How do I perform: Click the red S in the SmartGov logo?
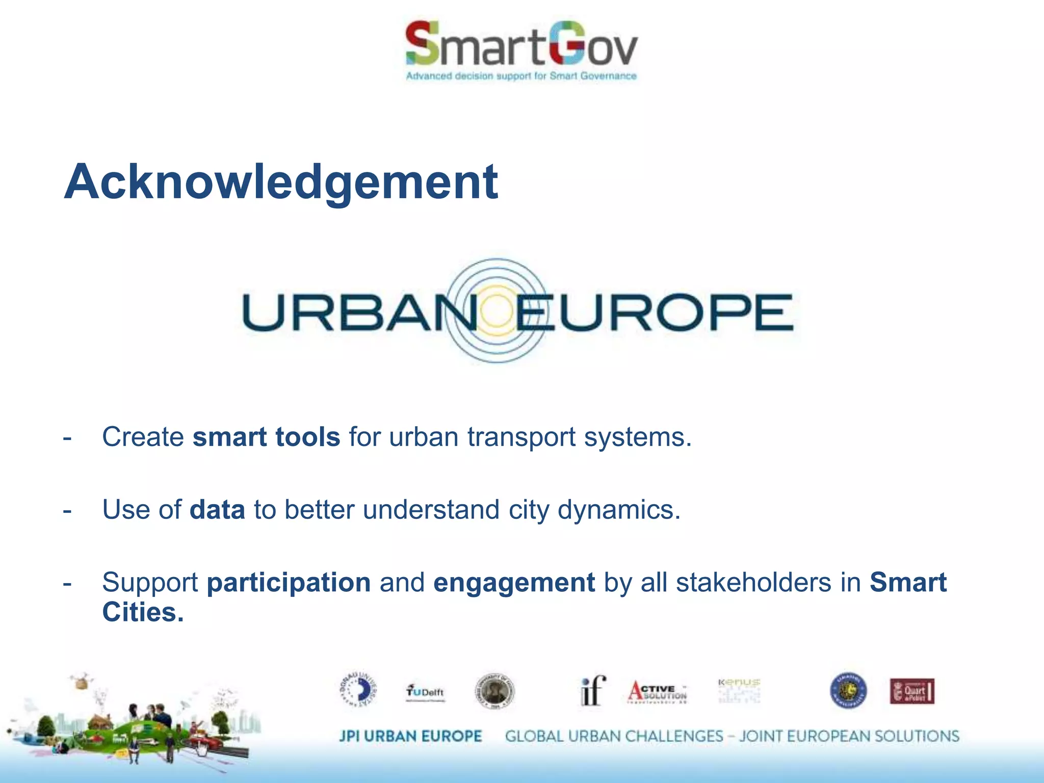click(x=422, y=43)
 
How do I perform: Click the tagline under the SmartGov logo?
click(x=521, y=76)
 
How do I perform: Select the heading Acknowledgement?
click(x=281, y=182)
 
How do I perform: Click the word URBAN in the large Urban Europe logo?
click(x=357, y=312)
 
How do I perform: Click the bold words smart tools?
click(x=266, y=437)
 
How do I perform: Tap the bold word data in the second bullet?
click(x=217, y=510)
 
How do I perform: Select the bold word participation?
click(x=289, y=583)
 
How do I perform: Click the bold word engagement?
click(x=514, y=583)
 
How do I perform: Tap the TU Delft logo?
click(x=425, y=693)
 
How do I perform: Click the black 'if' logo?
click(x=593, y=691)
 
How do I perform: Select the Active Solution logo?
click(x=658, y=692)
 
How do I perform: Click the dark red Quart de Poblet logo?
click(x=912, y=691)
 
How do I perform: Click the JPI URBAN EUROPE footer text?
click(x=410, y=736)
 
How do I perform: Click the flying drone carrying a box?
click(x=81, y=681)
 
